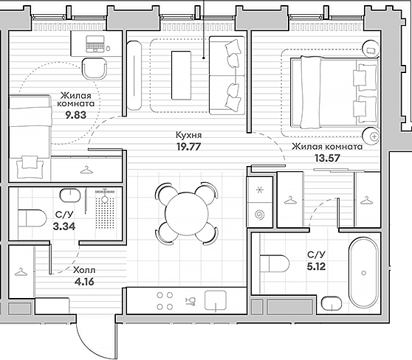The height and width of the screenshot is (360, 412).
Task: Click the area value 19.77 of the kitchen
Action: pyautogui.click(x=189, y=147)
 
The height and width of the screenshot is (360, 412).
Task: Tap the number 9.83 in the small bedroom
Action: pyautogui.click(x=75, y=115)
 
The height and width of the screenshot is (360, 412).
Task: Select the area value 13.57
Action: pyautogui.click(x=327, y=158)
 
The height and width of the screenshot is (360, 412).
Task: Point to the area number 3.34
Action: pyautogui.click(x=64, y=226)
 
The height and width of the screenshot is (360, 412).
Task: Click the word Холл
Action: pyautogui.click(x=84, y=270)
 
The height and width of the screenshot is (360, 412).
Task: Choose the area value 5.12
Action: pyautogui.click(x=316, y=266)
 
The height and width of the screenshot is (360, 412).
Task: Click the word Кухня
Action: pyautogui.click(x=189, y=135)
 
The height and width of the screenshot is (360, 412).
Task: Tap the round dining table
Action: pyautogui.click(x=187, y=213)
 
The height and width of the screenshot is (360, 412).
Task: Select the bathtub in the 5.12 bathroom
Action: pyautogui.click(x=364, y=273)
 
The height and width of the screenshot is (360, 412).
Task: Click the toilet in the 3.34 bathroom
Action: pyautogui.click(x=32, y=218)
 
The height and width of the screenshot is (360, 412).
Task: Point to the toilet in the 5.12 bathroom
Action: pyautogui.click(x=274, y=263)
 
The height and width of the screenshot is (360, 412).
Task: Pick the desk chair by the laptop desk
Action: pyautogui.click(x=95, y=69)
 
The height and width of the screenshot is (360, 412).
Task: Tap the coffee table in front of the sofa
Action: pyautogui.click(x=181, y=75)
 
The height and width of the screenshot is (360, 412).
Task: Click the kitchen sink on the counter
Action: pyautogui.click(x=216, y=301)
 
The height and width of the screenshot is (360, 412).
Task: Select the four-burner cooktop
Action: pyautogui.click(x=165, y=301)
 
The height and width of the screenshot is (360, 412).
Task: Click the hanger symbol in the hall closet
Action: pyautogui.click(x=21, y=272)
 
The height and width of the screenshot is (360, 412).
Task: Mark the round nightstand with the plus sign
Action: pyautogui.click(x=371, y=136)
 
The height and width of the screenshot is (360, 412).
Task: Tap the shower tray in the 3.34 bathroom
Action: pyautogui.click(x=105, y=209)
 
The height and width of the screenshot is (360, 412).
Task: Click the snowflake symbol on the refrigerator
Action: pyautogui.click(x=260, y=190)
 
